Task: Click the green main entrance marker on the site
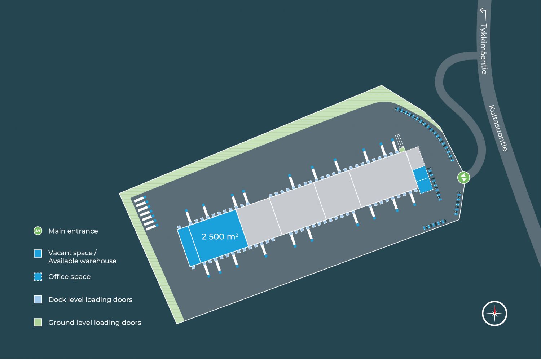pyautogui.click(x=463, y=177)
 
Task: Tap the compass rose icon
pyautogui.click(x=494, y=314)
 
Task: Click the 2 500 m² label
pyautogui.click(x=220, y=236)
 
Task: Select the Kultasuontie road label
pyautogui.click(x=498, y=128)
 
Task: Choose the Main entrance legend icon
pyautogui.click(x=38, y=231)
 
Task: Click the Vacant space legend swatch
pyautogui.click(x=38, y=253)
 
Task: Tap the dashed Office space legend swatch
pyautogui.click(x=38, y=277)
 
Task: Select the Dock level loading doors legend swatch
pyautogui.click(x=38, y=299)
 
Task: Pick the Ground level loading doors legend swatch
pyautogui.click(x=38, y=323)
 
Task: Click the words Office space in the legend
pyautogui.click(x=69, y=277)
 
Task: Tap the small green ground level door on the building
pyautogui.click(x=402, y=150)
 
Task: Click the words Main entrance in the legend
pyautogui.click(x=73, y=231)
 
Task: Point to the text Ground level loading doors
pyautogui.click(x=94, y=323)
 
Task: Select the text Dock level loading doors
pyautogui.click(x=90, y=299)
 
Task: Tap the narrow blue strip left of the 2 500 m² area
pyautogui.click(x=189, y=247)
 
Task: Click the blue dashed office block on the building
pyautogui.click(x=422, y=180)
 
